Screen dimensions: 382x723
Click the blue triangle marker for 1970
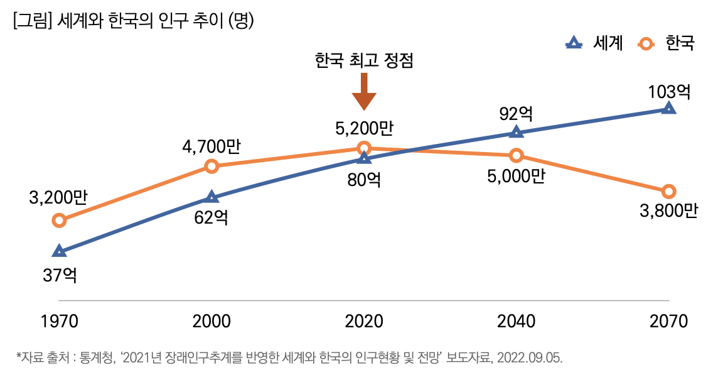click(59, 251)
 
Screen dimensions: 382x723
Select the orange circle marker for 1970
click(59, 220)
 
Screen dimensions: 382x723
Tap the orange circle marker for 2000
click(212, 166)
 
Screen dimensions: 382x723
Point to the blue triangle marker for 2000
click(212, 197)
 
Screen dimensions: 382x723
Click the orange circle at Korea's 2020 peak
click(364, 148)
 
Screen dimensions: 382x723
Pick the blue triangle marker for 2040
click(516, 132)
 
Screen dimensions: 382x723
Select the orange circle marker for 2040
click(516, 155)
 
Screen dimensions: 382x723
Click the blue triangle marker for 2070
click(669, 108)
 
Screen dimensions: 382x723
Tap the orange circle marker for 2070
click(669, 191)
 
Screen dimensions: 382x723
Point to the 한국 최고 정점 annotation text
click(364, 61)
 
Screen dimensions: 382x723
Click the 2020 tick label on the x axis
click(364, 322)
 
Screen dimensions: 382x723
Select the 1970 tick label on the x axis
click(59, 322)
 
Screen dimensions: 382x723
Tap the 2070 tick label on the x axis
click(669, 322)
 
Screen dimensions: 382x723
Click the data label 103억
click(669, 92)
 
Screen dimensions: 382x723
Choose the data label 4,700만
click(212, 148)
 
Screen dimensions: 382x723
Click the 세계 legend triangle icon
click(572, 43)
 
